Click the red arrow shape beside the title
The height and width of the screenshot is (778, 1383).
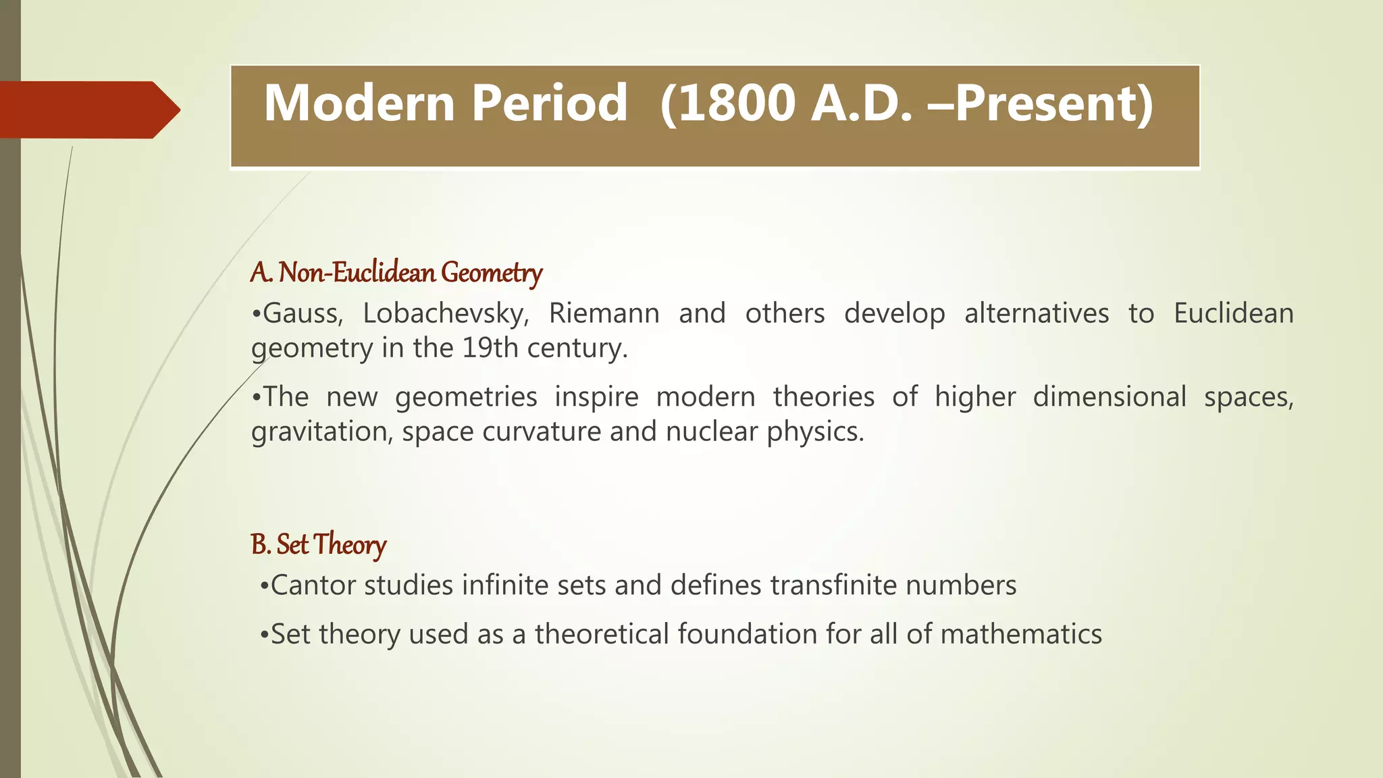[x=88, y=109]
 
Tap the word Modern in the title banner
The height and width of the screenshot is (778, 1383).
[x=359, y=103]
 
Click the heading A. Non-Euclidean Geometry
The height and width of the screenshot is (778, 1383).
[x=396, y=273]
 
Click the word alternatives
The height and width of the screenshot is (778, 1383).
[x=1036, y=313]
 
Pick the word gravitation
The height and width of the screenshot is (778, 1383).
[x=321, y=432]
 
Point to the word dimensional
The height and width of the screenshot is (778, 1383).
[x=1109, y=396]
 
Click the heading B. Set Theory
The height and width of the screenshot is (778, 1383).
[x=318, y=544]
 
